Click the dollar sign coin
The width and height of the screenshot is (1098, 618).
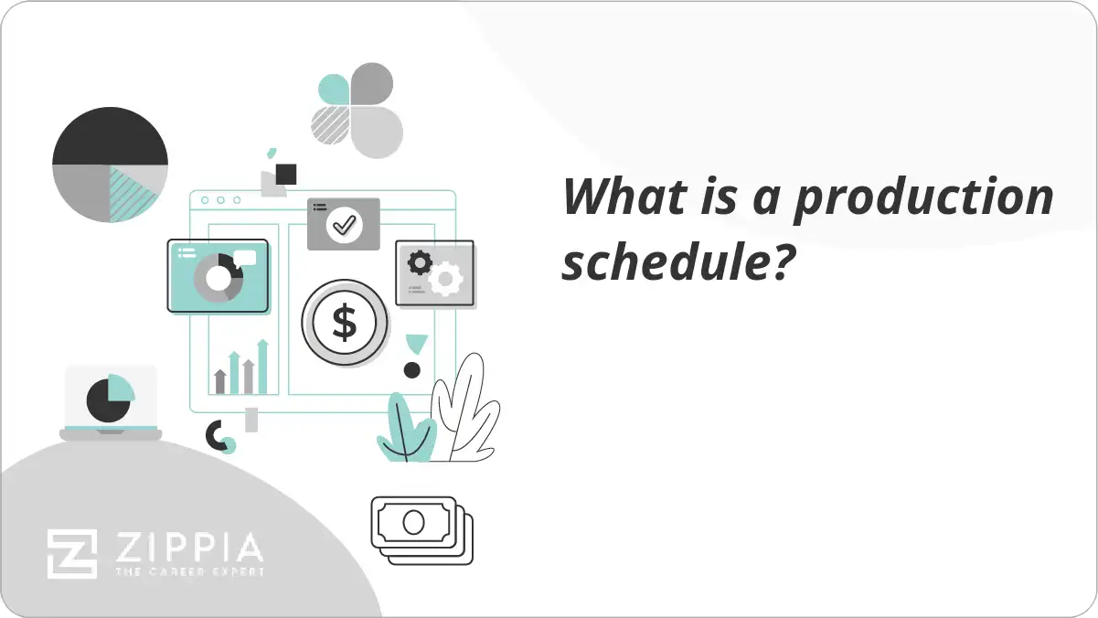pyautogui.click(x=345, y=323)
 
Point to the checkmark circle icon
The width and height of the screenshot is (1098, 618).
pyautogui.click(x=345, y=223)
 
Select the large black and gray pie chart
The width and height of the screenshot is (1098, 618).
pyautogui.click(x=110, y=165)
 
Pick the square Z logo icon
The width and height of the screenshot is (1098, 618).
pyautogui.click(x=72, y=555)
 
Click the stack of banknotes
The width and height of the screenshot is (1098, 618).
pyautogui.click(x=421, y=529)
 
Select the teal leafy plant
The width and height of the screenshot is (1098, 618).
pyautogui.click(x=405, y=429)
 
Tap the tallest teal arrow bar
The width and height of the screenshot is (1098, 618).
pyautogui.click(x=262, y=367)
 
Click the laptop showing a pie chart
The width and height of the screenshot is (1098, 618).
pyautogui.click(x=111, y=402)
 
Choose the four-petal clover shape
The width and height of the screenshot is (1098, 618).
pyautogui.click(x=357, y=110)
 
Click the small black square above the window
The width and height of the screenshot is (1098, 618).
pyautogui.click(x=286, y=174)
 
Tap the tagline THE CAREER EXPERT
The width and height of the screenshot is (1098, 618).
pyautogui.click(x=188, y=572)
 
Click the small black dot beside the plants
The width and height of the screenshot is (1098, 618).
pyautogui.click(x=412, y=370)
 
